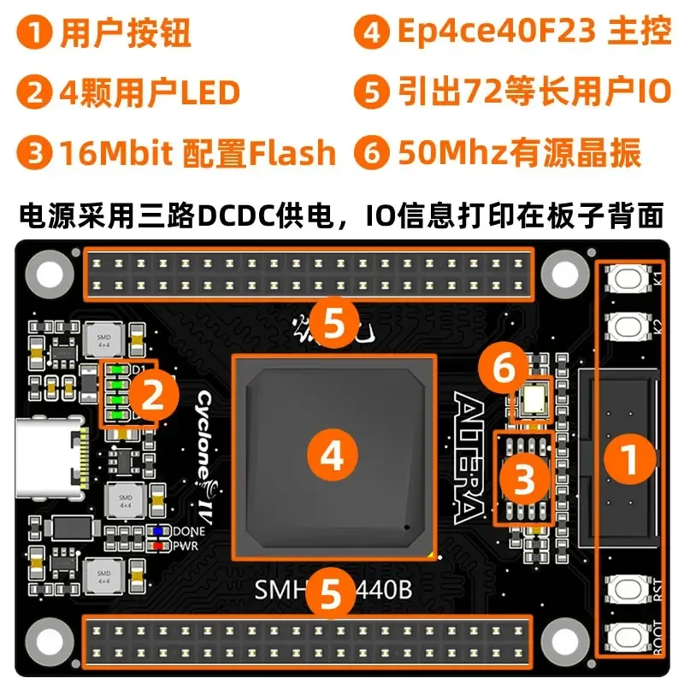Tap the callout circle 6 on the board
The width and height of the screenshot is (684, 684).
tap(504, 369)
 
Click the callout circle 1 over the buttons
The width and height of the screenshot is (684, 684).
tap(630, 462)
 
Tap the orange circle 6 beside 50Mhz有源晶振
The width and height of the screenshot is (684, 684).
tap(372, 154)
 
